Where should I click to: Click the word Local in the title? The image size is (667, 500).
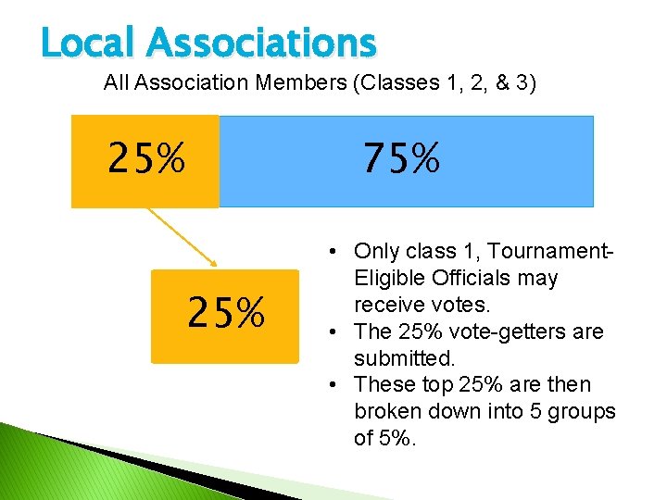[85, 43]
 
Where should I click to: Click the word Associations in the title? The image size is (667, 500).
[260, 43]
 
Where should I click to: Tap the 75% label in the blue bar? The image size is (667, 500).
[401, 160]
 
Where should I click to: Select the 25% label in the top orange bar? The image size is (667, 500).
[146, 159]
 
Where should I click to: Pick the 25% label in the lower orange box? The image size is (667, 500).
[226, 313]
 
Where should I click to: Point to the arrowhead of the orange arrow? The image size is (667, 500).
[215, 265]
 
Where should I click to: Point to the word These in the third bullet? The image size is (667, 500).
[384, 385]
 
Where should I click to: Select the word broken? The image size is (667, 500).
[387, 412]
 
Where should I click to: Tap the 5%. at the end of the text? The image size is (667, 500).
[399, 438]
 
